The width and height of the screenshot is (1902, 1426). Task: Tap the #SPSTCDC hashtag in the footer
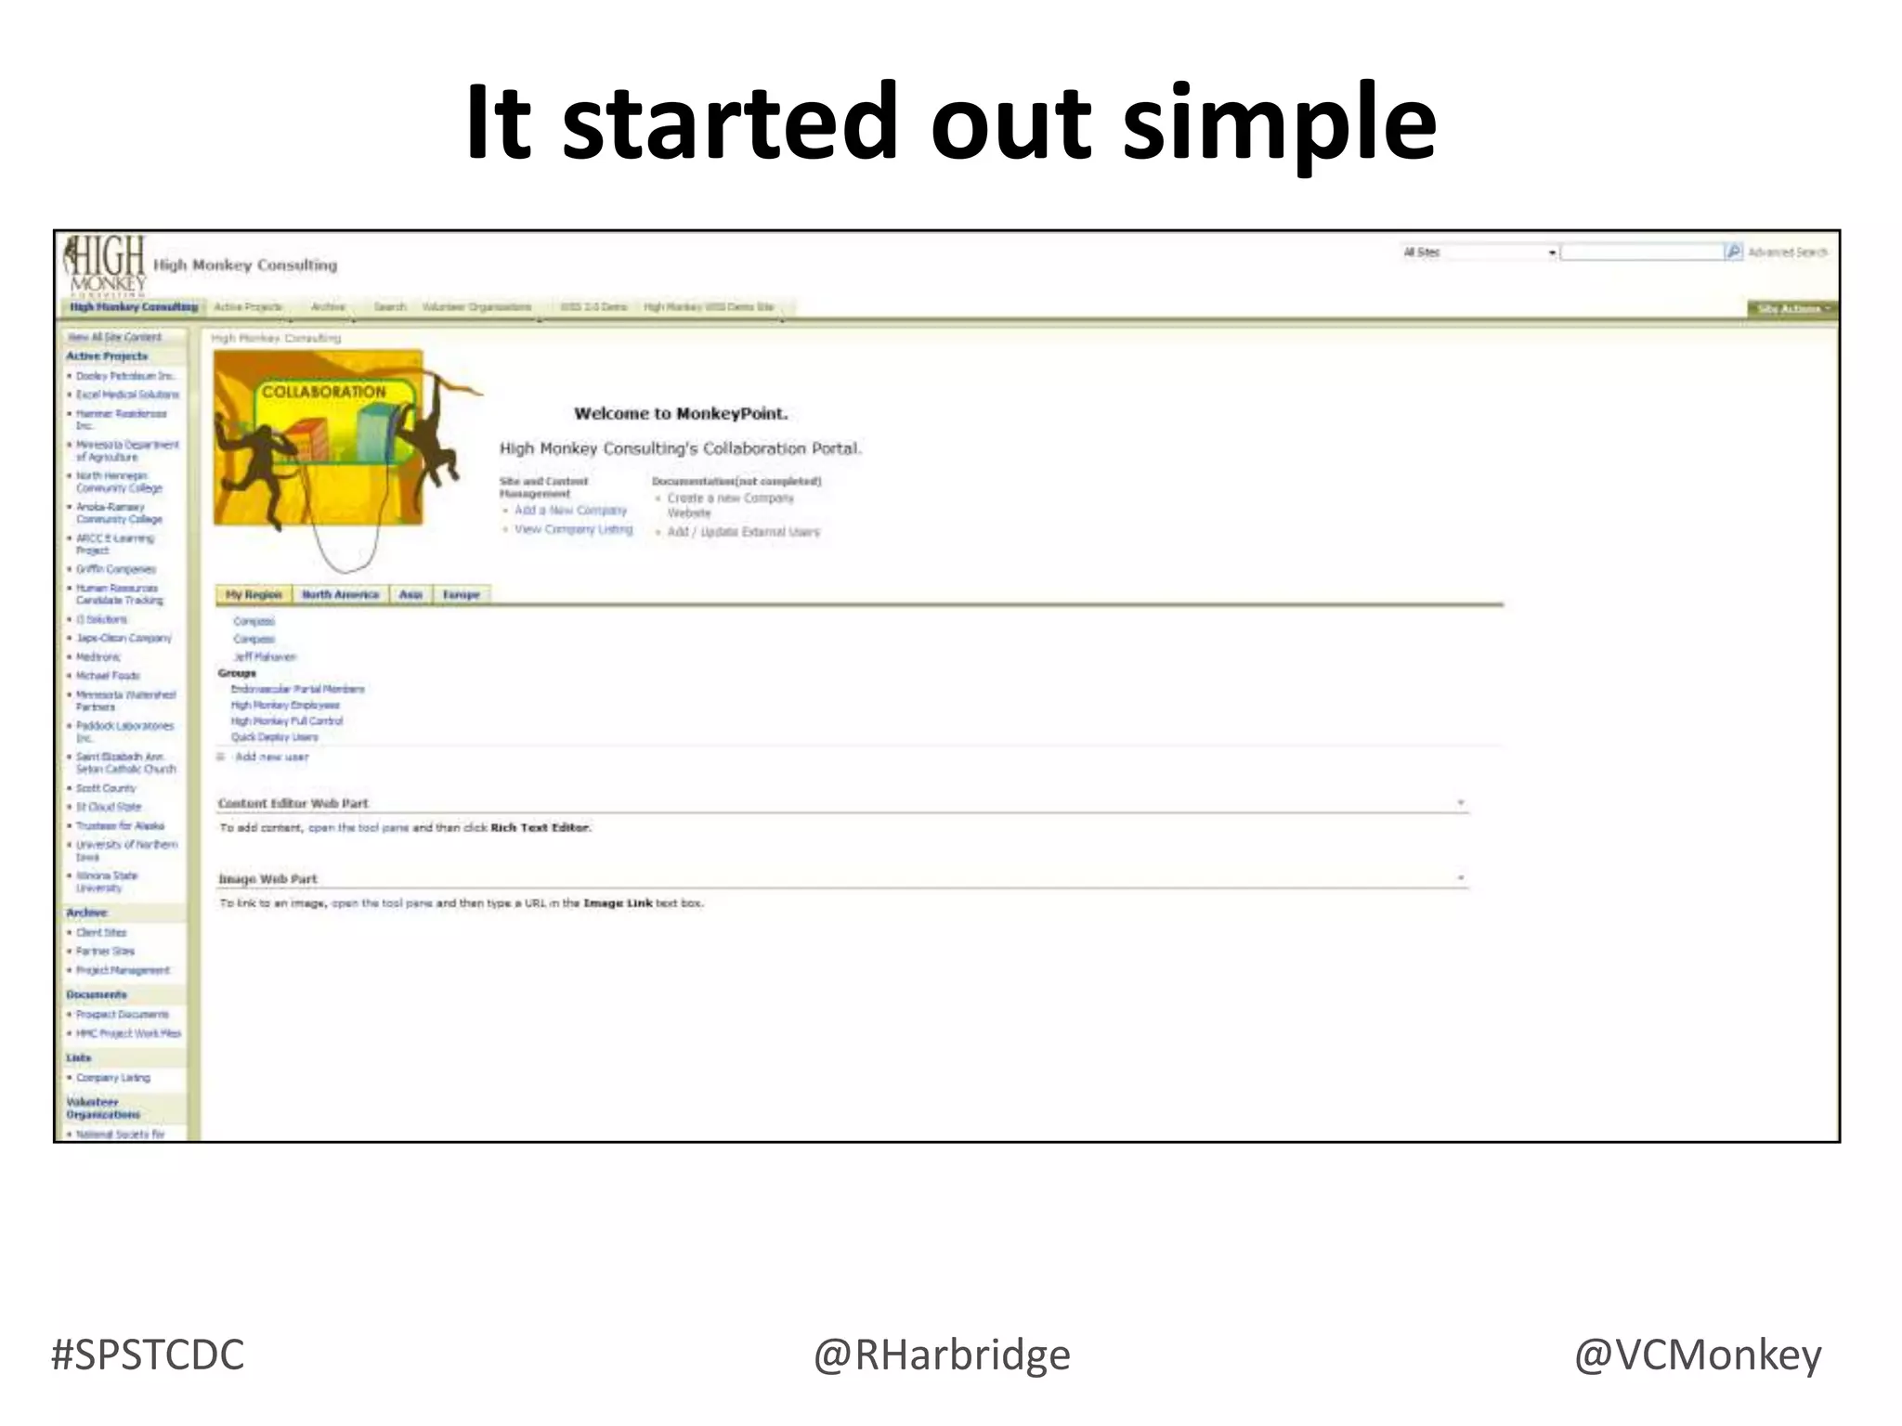tap(148, 1355)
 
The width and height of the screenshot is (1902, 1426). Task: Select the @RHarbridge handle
tap(942, 1355)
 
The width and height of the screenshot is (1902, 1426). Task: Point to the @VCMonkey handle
tap(1697, 1355)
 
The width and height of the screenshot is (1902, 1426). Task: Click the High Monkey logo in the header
tap(106, 265)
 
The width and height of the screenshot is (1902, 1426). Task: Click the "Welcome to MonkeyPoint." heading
tap(680, 413)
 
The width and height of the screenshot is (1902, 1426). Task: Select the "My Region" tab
tap(254, 594)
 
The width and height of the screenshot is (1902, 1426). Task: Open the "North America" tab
tap(340, 594)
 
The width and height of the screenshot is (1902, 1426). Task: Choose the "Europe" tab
tap(461, 594)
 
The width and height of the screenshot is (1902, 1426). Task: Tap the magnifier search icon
tap(1733, 252)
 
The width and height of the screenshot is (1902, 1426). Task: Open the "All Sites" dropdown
tap(1479, 253)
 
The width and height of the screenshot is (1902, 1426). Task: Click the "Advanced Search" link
tap(1787, 252)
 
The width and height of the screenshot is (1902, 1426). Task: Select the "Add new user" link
tap(271, 757)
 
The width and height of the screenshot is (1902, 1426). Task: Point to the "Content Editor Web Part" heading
tap(293, 803)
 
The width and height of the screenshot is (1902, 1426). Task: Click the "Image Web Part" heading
tap(267, 878)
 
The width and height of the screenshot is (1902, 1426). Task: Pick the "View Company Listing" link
tap(573, 529)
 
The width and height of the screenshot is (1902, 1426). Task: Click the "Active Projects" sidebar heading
tap(107, 356)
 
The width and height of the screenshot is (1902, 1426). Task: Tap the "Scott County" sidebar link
tap(106, 788)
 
